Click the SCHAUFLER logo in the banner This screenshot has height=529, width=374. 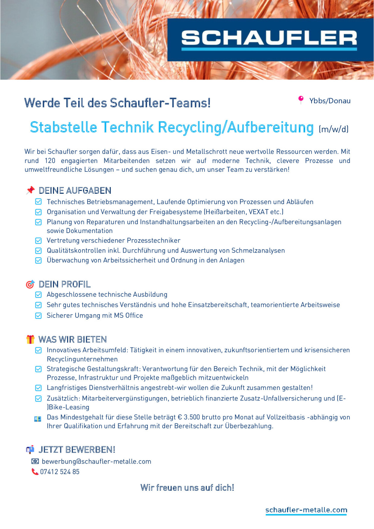click(269, 40)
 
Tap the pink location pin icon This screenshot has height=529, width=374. click(301, 100)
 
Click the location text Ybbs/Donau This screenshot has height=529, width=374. click(330, 101)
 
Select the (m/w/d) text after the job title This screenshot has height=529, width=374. click(334, 129)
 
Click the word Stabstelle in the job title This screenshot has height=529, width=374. click(63, 127)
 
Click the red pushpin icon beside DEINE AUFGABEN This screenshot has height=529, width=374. click(30, 190)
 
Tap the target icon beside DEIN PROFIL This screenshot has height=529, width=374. click(30, 284)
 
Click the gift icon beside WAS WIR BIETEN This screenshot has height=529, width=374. click(30, 339)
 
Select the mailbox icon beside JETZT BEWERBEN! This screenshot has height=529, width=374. click(30, 449)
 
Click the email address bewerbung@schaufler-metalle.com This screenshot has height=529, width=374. click(97, 461)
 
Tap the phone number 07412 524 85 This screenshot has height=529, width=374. click(60, 472)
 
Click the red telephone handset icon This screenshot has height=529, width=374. click(35, 471)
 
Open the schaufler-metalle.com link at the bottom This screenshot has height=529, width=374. click(306, 510)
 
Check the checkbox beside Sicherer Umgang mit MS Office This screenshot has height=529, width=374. click(38, 316)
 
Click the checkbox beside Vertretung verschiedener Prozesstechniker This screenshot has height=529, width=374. click(38, 241)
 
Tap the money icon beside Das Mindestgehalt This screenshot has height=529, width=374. click(38, 419)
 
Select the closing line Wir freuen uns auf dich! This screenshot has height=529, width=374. click(187, 488)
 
